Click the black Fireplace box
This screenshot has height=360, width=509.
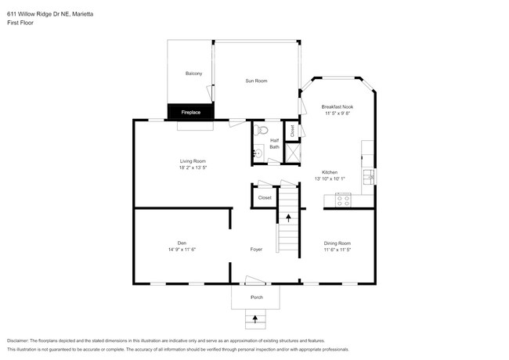tap(190, 113)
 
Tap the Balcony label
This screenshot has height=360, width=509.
tap(193, 74)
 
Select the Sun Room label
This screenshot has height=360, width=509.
tap(256, 81)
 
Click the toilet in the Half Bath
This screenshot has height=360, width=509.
tap(264, 130)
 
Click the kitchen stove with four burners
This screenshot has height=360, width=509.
tap(343, 200)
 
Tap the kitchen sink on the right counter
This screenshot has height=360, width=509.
tap(366, 174)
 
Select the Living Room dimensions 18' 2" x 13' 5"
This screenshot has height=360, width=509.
tap(193, 167)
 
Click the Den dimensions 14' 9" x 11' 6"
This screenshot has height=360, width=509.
tap(181, 250)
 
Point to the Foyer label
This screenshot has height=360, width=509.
tap(256, 250)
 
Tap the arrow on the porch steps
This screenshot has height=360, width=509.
tap(255, 318)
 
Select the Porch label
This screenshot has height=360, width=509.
tap(256, 297)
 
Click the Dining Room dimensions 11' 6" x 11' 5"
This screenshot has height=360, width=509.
tap(338, 250)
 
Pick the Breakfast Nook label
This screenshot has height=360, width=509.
tap(338, 106)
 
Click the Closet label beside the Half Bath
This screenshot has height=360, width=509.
tap(292, 131)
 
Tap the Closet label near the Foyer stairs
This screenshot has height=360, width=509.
tap(265, 198)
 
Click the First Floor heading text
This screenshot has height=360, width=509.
tap(20, 23)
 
